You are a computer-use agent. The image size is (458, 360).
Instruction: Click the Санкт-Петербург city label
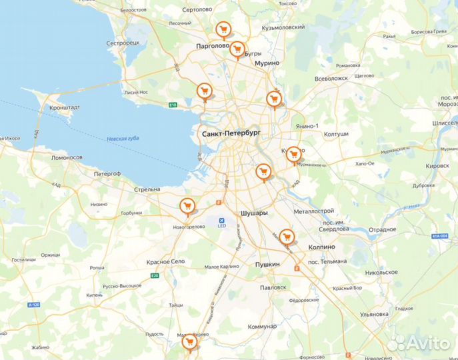230,134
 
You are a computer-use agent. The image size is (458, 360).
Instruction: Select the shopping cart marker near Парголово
223,29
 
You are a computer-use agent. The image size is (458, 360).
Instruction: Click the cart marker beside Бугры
237,49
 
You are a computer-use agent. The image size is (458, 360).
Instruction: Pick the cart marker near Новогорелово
188,206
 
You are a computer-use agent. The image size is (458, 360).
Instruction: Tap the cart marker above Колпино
287,237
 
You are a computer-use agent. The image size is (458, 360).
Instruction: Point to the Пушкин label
267,265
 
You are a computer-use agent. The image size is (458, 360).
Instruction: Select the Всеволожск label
331,78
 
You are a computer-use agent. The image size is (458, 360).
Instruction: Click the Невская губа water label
123,139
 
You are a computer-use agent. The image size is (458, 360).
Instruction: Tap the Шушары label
254,213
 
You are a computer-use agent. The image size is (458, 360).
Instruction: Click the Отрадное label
383,229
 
